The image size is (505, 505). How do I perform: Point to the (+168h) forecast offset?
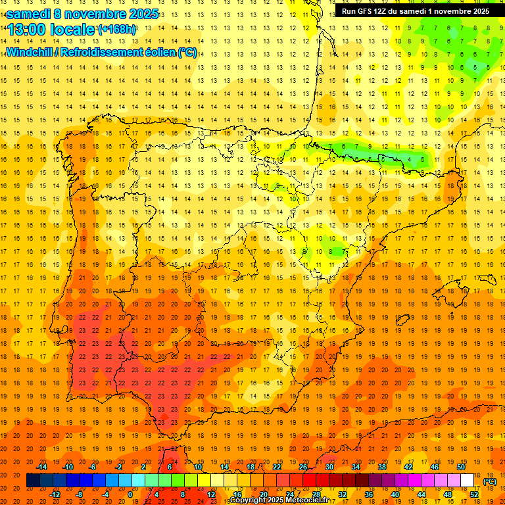click(118, 30)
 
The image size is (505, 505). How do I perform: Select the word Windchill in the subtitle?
click(30, 52)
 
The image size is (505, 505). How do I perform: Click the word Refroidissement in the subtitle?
click(105, 52)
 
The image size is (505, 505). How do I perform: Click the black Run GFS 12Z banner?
click(415, 11)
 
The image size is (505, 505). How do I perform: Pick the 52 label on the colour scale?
click(474, 494)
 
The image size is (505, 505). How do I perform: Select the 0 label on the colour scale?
click(130, 494)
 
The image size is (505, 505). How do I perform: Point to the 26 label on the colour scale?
click(303, 467)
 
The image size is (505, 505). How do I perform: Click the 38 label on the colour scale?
click(382, 467)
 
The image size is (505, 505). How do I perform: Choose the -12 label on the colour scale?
click(55, 494)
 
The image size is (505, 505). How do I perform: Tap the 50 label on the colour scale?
click(461, 467)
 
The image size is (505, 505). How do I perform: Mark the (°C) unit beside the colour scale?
click(489, 481)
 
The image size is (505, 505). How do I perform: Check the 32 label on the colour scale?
click(343, 494)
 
